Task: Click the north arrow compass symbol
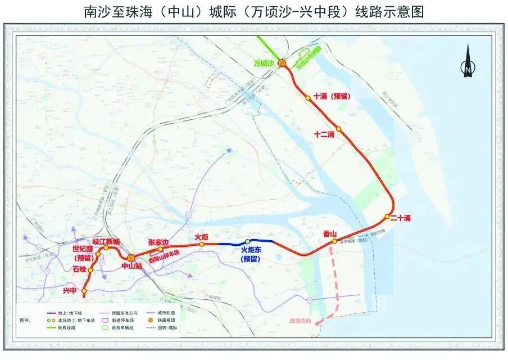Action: (x=467, y=62)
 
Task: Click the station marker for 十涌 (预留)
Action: (x=308, y=98)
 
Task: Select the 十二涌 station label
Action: (x=325, y=134)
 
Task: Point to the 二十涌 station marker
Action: (x=388, y=217)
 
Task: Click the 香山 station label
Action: (x=330, y=234)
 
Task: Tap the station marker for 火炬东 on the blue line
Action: (x=248, y=242)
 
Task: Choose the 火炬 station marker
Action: (x=202, y=245)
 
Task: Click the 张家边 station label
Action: (x=158, y=241)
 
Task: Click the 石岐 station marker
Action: (x=90, y=270)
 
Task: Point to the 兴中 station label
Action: (x=70, y=291)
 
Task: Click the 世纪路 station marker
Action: (x=98, y=254)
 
